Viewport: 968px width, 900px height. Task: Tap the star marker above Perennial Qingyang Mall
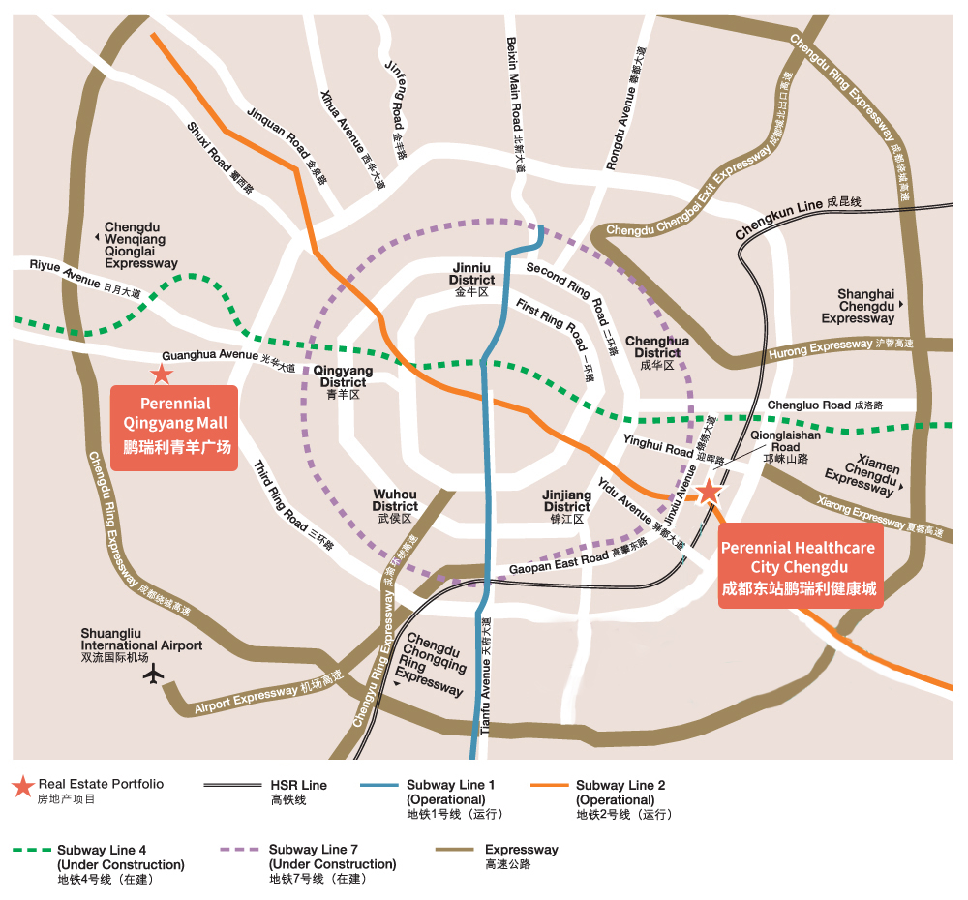click(162, 374)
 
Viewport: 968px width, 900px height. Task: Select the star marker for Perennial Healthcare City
click(709, 491)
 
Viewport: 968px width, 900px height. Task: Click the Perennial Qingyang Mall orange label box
click(174, 427)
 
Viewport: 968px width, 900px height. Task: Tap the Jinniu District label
click(471, 279)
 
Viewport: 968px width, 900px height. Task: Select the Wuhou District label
click(395, 506)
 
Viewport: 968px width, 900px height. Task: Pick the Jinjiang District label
click(566, 506)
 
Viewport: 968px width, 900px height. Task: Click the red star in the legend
click(23, 787)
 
